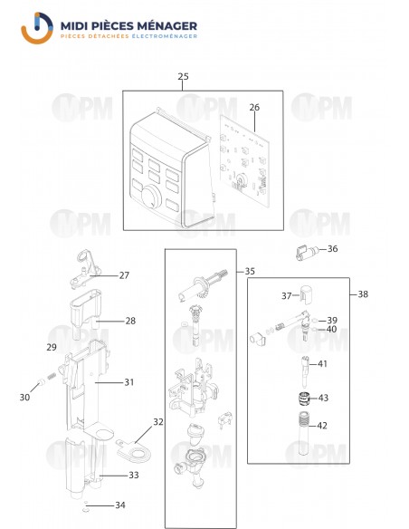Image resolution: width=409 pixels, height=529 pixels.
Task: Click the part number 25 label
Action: tap(184, 77)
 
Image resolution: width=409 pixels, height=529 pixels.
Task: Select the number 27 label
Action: tap(125, 275)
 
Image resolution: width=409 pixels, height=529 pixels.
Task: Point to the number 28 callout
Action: tap(130, 321)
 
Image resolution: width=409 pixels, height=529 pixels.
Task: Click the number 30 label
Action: tap(24, 397)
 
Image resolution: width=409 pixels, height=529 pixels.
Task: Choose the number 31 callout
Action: tap(128, 382)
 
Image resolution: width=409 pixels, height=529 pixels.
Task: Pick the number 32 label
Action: tap(158, 422)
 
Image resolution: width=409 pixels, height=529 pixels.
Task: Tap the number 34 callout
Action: tap(119, 505)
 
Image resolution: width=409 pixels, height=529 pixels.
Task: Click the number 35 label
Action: tap(251, 271)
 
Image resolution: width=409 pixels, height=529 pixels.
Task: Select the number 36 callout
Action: tap(332, 249)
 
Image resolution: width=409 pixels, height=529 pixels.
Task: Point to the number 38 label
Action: tap(363, 294)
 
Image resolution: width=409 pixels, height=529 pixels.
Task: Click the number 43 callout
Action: tap(323, 398)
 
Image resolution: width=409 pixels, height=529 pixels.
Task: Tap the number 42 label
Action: tap(323, 425)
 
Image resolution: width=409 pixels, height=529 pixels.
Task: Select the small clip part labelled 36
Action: tap(303, 251)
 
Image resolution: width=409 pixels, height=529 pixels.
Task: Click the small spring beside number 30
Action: tap(43, 380)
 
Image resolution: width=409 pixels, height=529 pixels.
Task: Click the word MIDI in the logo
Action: tap(79, 26)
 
